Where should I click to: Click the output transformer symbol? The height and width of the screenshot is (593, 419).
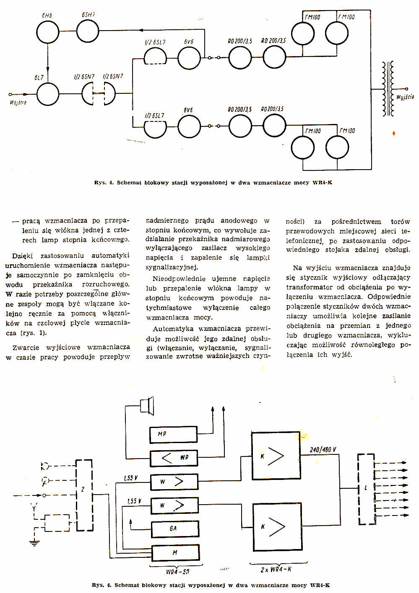(388, 89)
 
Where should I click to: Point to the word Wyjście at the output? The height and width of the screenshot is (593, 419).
(405, 97)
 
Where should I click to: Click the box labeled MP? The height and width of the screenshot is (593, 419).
(174, 434)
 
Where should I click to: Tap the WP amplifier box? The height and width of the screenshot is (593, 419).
(174, 458)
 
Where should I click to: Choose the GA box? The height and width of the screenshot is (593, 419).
(174, 529)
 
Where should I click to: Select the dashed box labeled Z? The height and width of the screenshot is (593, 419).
(84, 495)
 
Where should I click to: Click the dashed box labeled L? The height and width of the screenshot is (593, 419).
(366, 488)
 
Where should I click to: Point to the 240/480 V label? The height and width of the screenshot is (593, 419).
(323, 450)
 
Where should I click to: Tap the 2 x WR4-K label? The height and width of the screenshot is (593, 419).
(276, 569)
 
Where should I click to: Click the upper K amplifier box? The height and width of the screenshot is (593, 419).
(276, 456)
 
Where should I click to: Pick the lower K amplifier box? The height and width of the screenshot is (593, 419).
(276, 526)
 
